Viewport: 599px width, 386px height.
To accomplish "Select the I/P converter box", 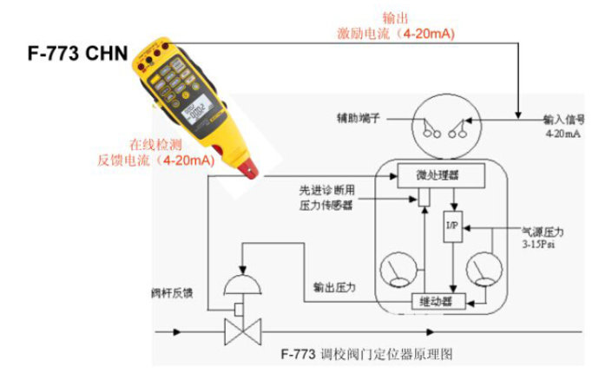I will coord(451,228).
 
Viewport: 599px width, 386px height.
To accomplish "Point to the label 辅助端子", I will coord(359,116).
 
